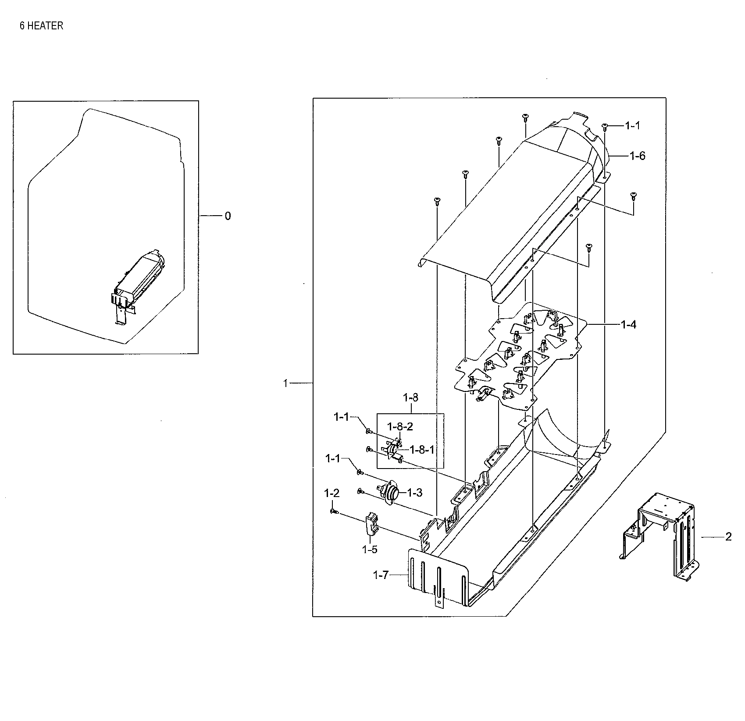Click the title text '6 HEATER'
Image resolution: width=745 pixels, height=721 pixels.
pos(41,26)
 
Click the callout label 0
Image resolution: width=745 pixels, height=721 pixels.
pos(227,216)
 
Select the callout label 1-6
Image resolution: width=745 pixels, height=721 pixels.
pos(637,156)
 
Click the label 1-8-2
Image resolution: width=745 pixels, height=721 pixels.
pos(399,426)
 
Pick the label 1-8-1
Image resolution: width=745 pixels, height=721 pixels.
pos(421,450)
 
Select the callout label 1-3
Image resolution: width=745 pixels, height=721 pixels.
pos(414,493)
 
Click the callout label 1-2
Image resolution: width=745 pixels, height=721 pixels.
pos(332,493)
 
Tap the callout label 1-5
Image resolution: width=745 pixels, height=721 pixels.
pos(369,550)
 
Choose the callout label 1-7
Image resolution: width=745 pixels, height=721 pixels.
pos(381,575)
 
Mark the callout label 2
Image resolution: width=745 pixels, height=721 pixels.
pos(728,536)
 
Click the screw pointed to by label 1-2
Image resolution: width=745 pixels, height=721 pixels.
pos(334,511)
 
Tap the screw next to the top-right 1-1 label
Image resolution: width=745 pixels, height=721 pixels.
pos(605,127)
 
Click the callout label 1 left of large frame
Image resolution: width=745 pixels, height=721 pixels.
pos(285,384)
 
